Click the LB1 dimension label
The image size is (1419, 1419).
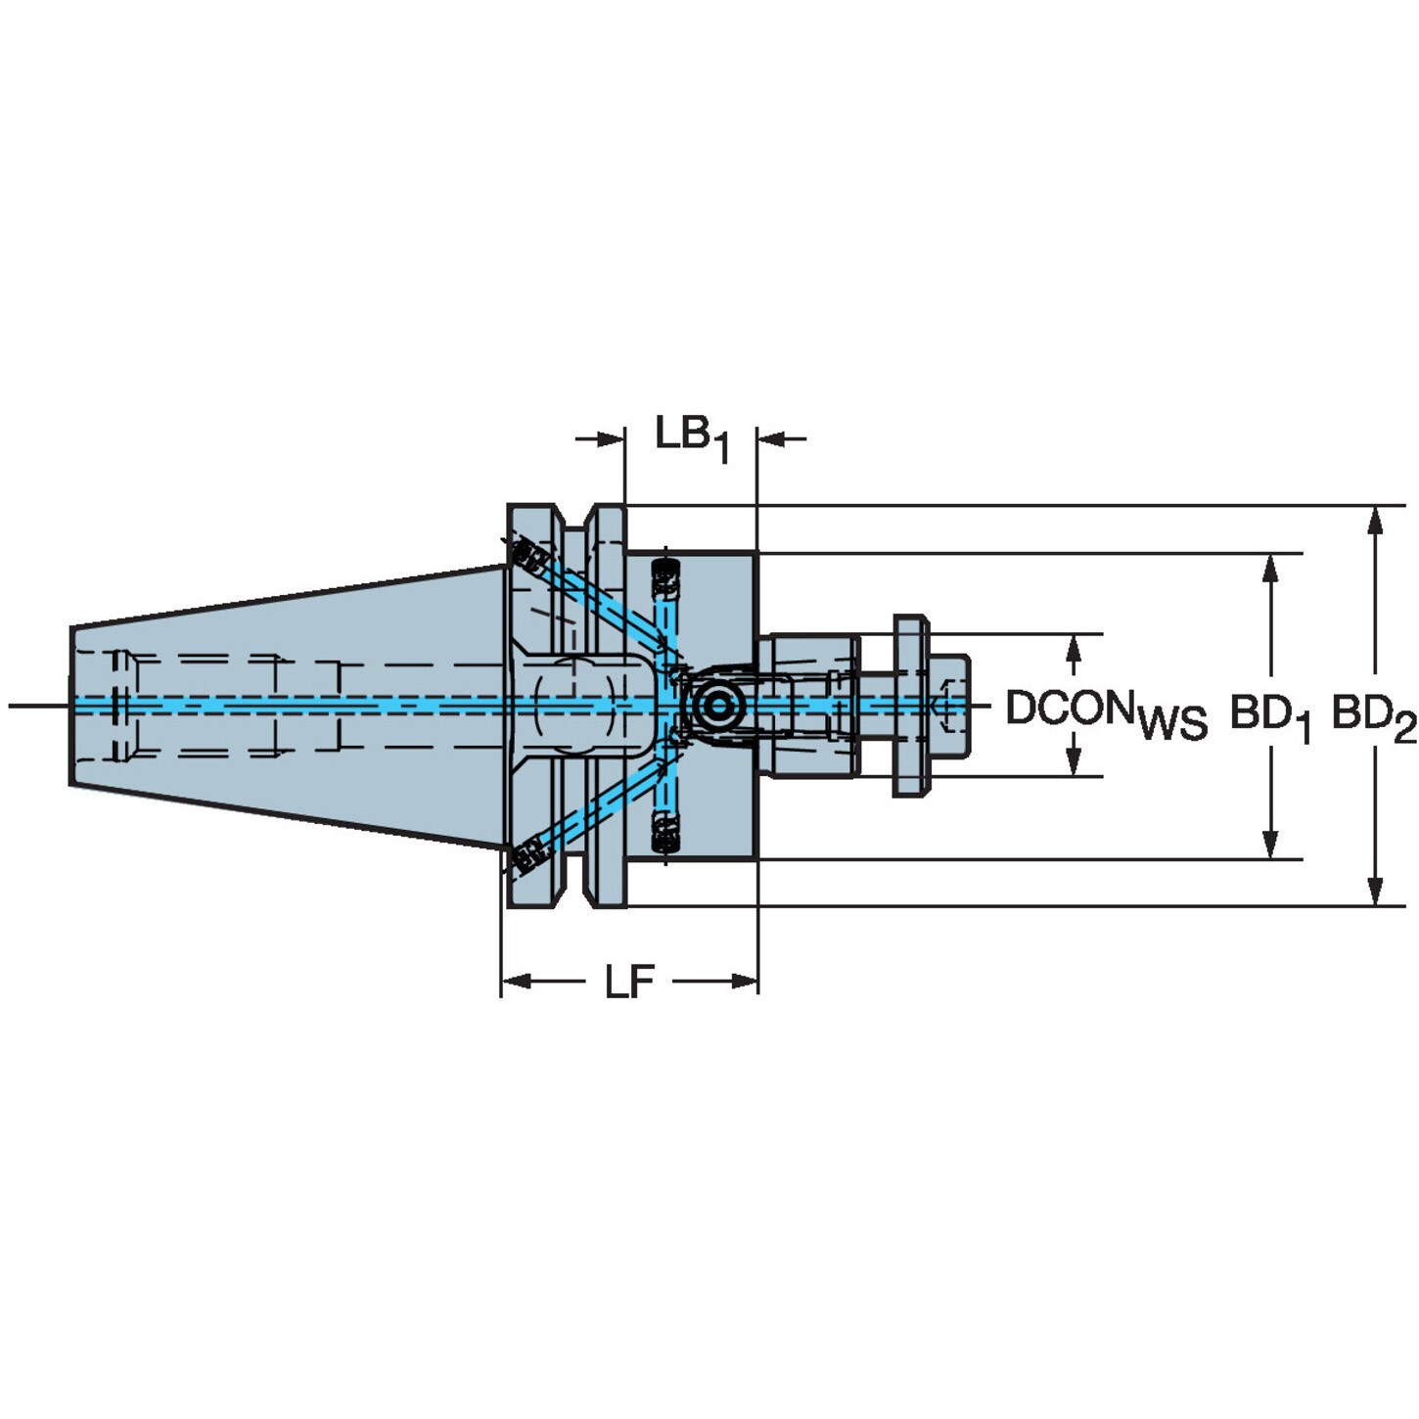point(692,438)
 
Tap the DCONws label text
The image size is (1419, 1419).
point(1106,712)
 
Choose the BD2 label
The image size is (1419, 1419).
point(1374,716)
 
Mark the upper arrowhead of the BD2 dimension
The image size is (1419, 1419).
point(1374,520)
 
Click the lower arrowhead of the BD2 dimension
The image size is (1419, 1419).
point(1374,892)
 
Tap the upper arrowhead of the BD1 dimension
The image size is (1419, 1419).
point(1269,567)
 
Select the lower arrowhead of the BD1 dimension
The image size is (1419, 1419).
point(1269,845)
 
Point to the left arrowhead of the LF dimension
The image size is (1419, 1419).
point(516,981)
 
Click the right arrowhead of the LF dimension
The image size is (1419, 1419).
point(744,981)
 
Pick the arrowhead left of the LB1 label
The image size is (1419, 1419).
point(612,438)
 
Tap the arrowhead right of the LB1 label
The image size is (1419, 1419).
point(771,438)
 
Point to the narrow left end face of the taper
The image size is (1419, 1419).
point(70,707)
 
